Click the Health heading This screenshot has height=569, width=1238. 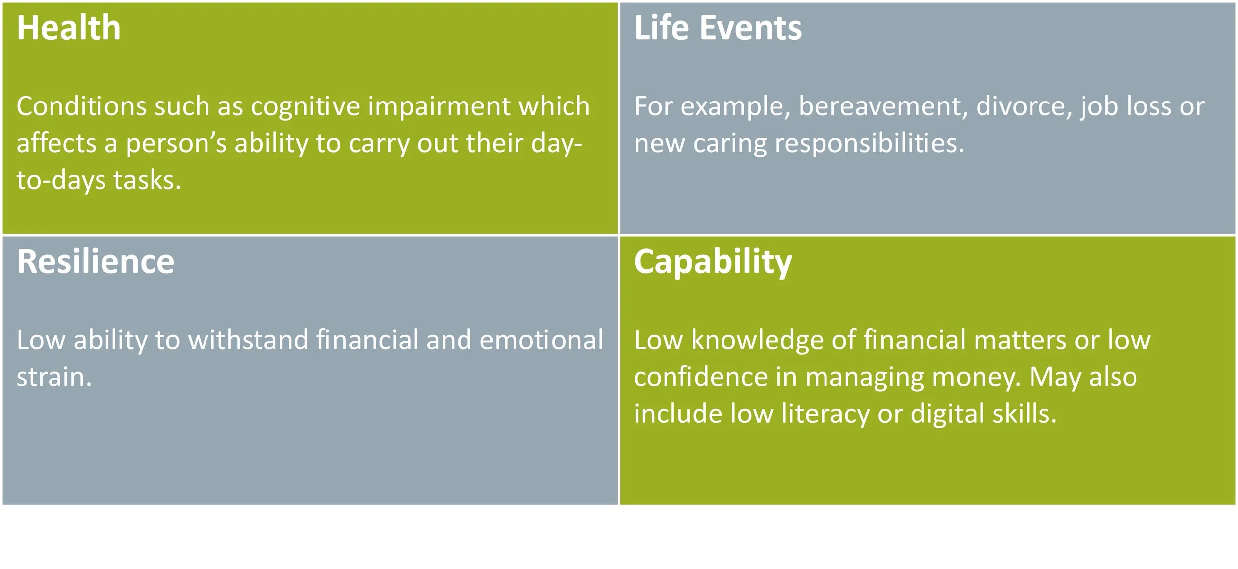[68, 28]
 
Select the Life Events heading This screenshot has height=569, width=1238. [718, 28]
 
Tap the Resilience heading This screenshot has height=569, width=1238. [96, 261]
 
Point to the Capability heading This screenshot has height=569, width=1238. [713, 262]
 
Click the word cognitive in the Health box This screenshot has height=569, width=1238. [305, 107]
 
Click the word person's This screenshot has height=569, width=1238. [176, 144]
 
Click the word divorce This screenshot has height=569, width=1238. [1024, 107]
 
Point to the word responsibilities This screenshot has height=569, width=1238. [869, 144]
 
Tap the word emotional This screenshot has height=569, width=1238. [541, 341]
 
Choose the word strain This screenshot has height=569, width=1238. [53, 377]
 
